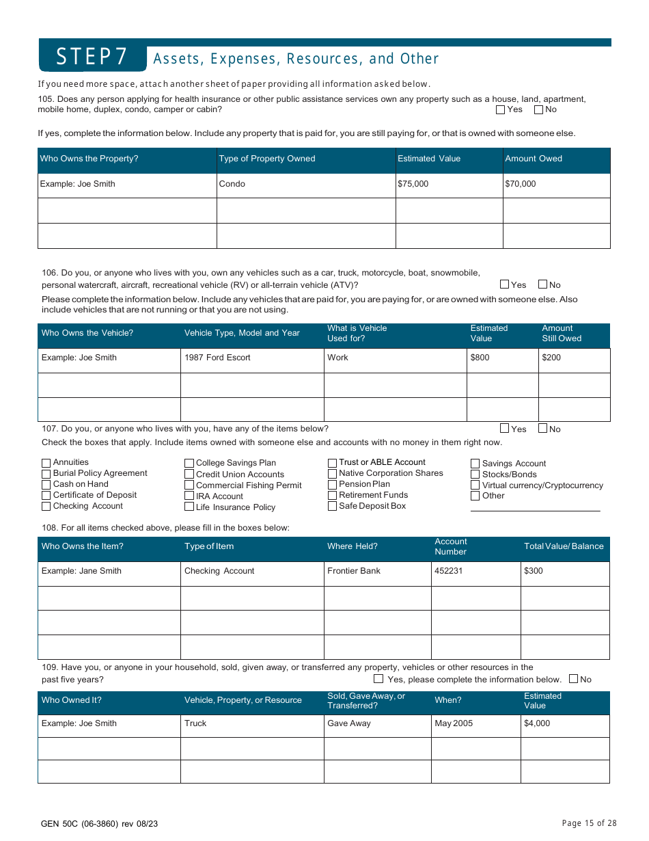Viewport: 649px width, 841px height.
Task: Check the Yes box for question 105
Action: click(x=500, y=109)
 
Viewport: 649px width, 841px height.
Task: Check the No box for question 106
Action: click(x=543, y=284)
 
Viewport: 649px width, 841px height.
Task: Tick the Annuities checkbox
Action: click(x=46, y=463)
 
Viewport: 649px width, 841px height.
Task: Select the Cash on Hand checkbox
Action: click(x=46, y=485)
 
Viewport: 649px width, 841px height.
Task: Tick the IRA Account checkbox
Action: click(x=189, y=496)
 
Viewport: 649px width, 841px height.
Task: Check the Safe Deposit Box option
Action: click(x=333, y=507)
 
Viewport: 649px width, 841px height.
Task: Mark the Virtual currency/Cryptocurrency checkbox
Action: click(x=475, y=485)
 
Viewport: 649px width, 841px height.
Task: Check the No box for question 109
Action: click(x=574, y=679)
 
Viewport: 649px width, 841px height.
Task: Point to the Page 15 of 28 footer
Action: click(x=589, y=823)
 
